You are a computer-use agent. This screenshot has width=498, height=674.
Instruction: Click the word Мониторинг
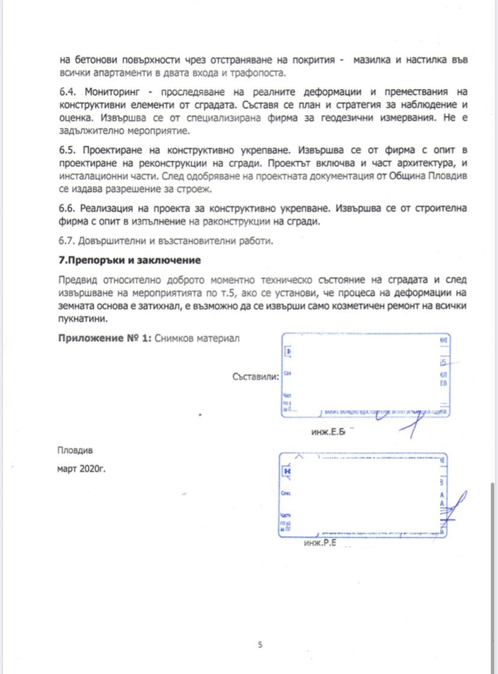tap(112, 91)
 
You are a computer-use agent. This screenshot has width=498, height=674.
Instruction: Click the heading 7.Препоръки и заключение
tap(129, 261)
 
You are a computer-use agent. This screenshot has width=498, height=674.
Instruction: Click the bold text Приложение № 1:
tap(105, 338)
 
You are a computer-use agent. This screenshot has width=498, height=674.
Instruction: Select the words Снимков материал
tap(197, 338)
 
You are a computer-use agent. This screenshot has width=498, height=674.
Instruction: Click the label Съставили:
tap(256, 377)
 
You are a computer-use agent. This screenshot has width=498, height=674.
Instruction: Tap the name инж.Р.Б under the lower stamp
tap(319, 543)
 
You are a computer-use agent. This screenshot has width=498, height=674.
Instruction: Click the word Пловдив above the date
tap(75, 450)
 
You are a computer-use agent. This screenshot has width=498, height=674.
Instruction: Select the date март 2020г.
tap(81, 469)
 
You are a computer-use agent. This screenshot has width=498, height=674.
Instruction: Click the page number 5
tap(260, 645)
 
